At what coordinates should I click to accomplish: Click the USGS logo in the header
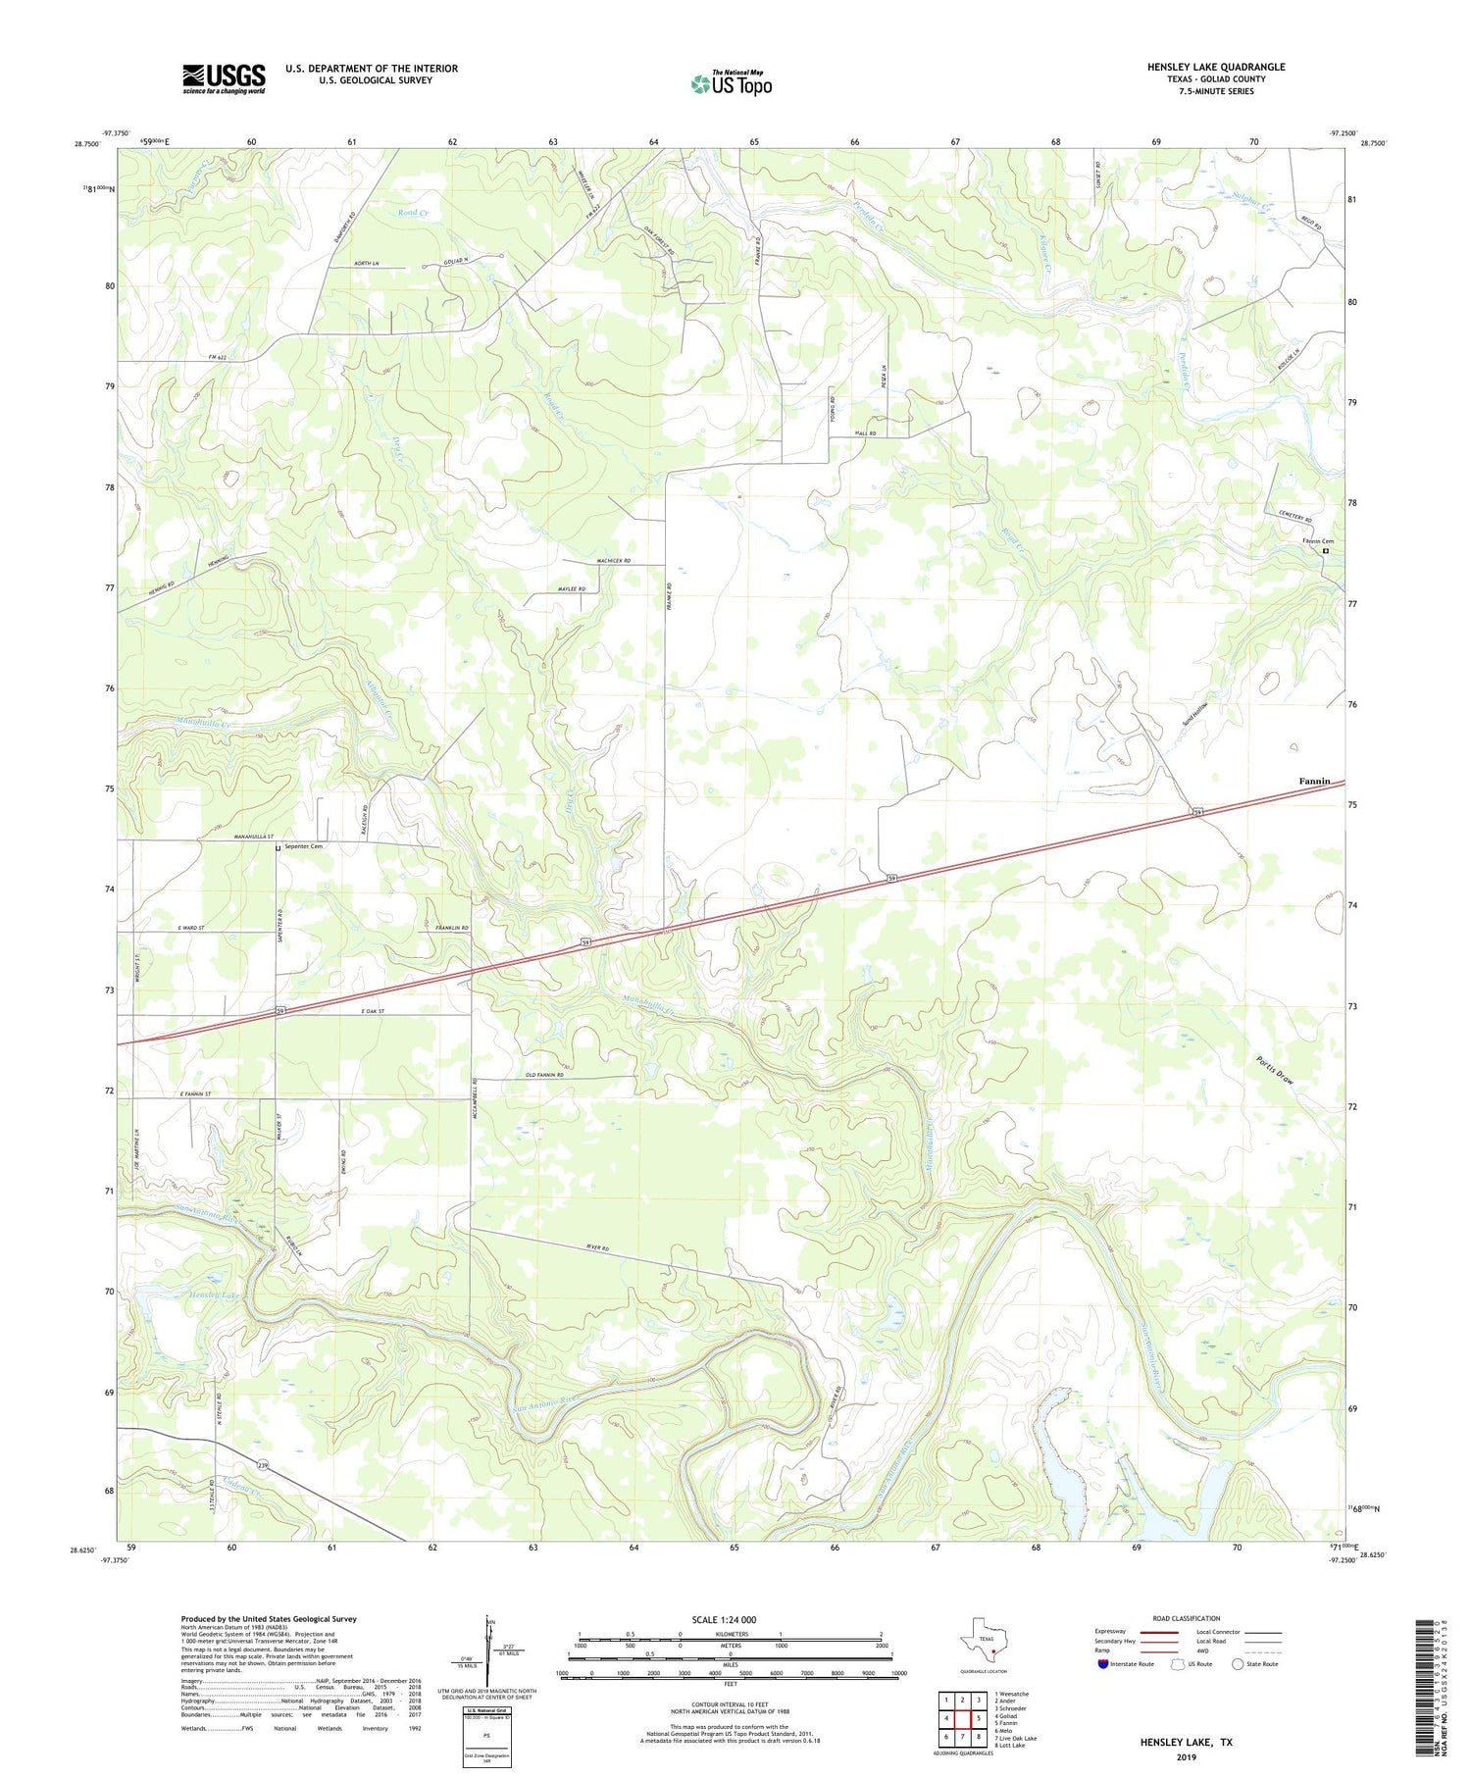(x=224, y=77)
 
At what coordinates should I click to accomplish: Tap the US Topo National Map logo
(x=731, y=83)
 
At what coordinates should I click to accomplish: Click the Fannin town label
(x=1314, y=781)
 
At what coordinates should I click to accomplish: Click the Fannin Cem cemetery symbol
(x=1325, y=551)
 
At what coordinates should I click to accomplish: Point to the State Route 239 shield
(x=263, y=1465)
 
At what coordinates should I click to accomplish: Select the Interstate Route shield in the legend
(x=1103, y=1664)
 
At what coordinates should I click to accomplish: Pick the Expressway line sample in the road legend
(x=1157, y=1633)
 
